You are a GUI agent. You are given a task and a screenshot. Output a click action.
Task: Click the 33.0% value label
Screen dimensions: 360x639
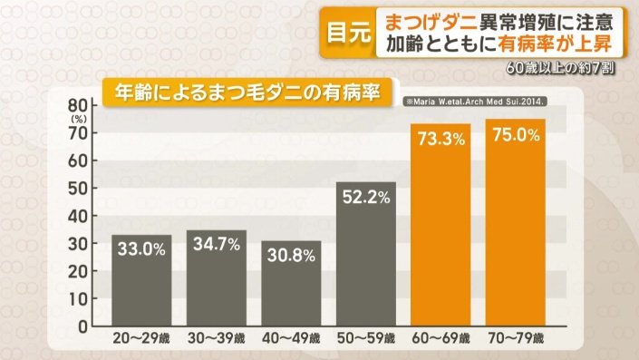point(141,248)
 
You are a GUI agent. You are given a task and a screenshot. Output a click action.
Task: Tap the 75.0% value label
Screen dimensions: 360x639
point(516,134)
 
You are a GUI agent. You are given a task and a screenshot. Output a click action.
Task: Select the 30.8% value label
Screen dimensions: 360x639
point(291,255)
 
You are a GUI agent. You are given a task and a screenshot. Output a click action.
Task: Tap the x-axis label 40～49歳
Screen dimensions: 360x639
point(291,340)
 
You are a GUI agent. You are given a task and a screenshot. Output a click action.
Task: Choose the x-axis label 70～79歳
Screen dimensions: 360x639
point(516,340)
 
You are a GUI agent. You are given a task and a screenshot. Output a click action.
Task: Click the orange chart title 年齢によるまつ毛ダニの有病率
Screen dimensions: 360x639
point(241,91)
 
